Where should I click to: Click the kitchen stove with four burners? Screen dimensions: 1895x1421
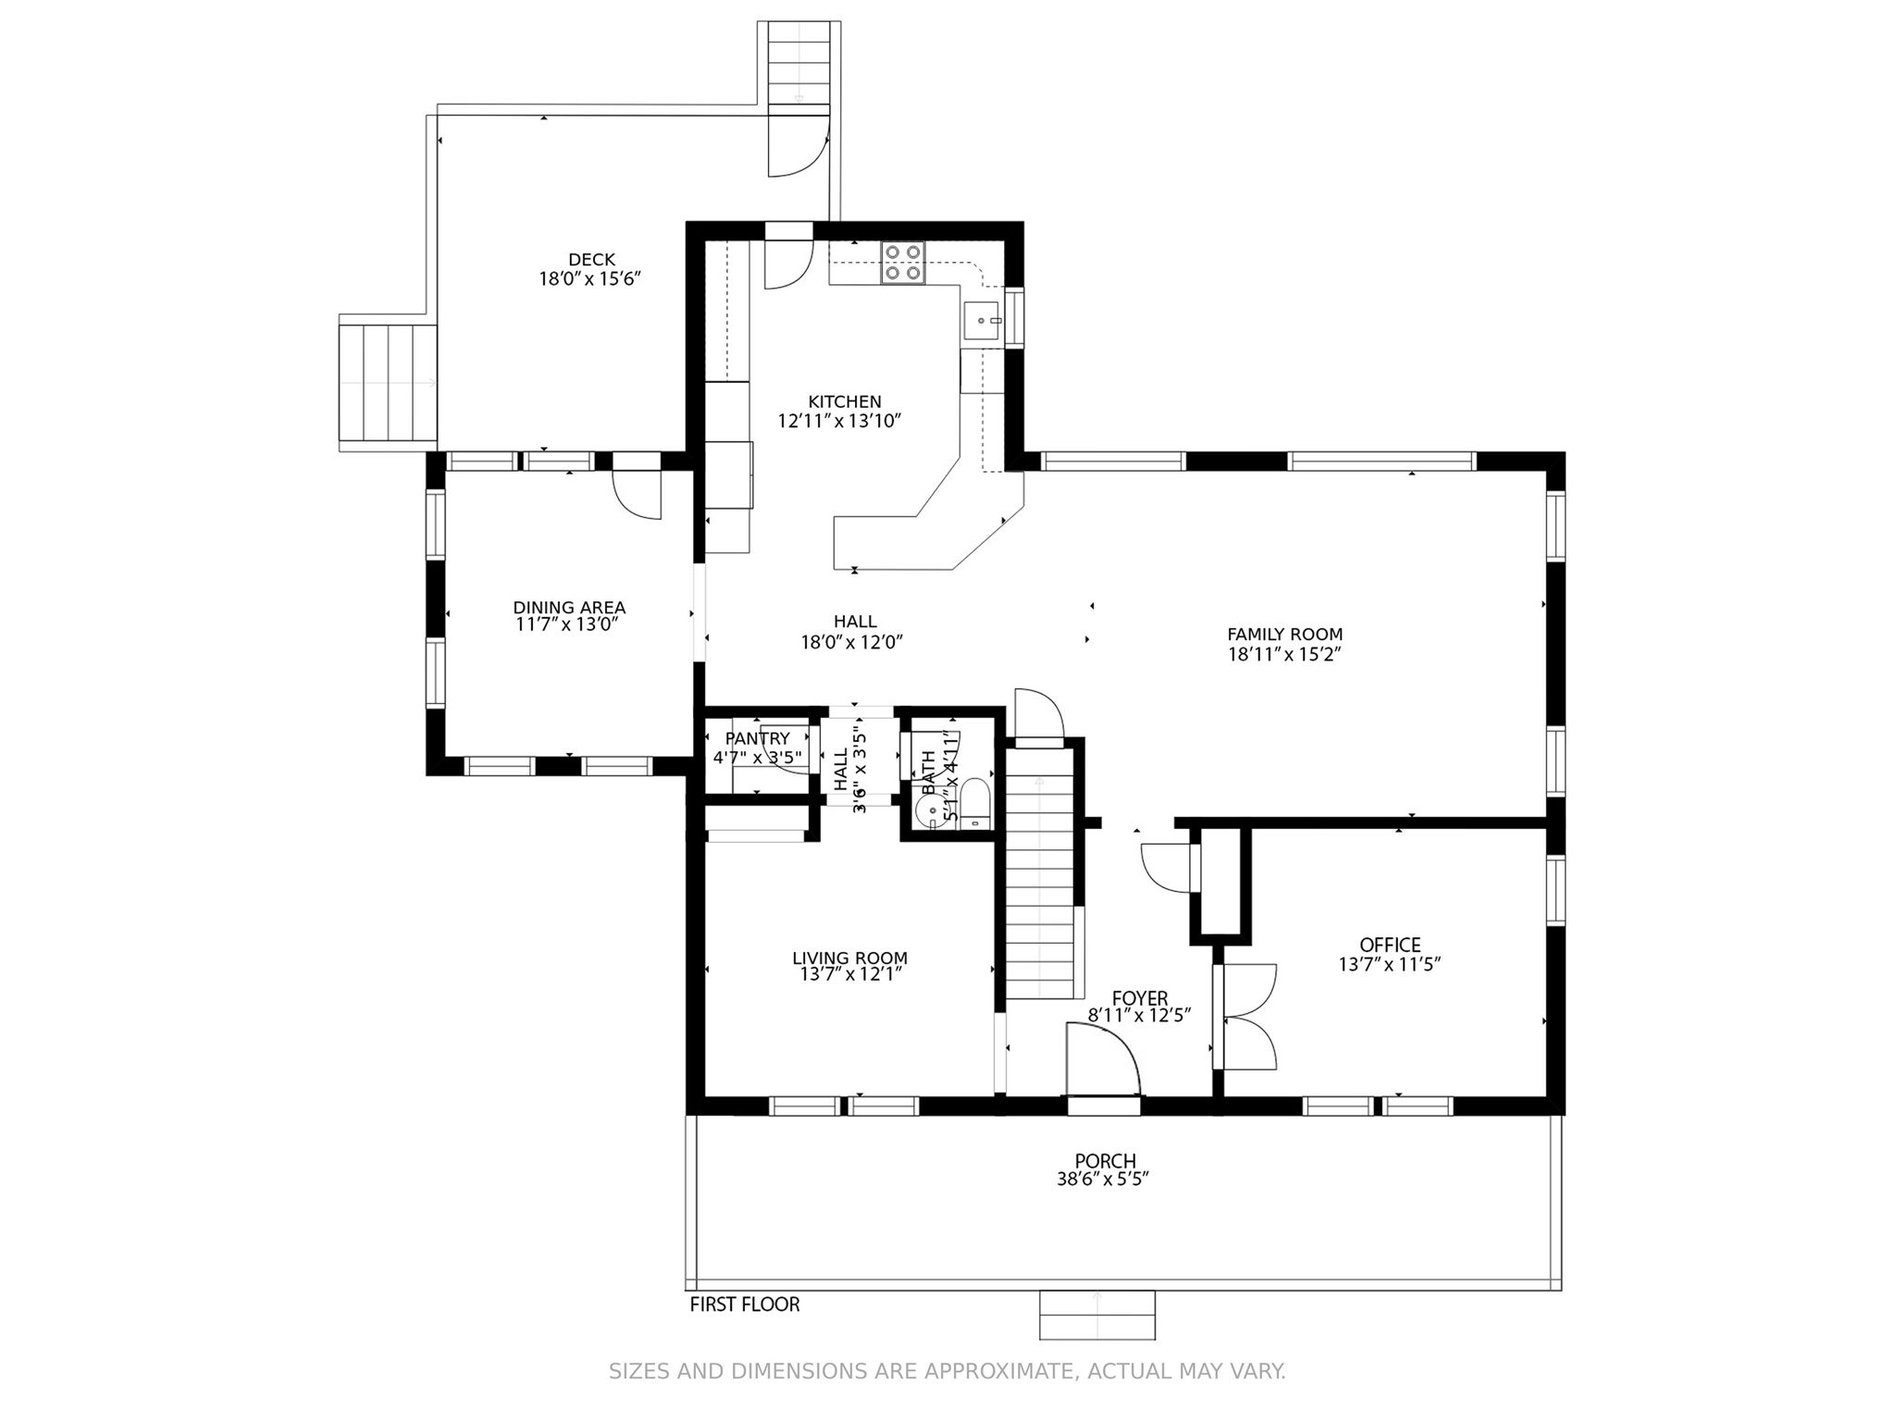pyautogui.click(x=902, y=263)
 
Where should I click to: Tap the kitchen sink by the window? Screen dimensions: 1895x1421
pyautogui.click(x=981, y=321)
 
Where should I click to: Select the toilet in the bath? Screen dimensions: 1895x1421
pyautogui.click(x=973, y=803)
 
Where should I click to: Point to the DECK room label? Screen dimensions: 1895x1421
pyautogui.click(x=591, y=260)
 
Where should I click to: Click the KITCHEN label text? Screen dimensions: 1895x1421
pyautogui.click(x=845, y=402)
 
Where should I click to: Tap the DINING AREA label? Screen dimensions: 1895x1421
pyautogui.click(x=569, y=608)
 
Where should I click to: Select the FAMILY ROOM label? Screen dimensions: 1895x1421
pyautogui.click(x=1284, y=635)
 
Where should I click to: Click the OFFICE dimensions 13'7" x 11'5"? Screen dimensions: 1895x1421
pyautogui.click(x=1390, y=964)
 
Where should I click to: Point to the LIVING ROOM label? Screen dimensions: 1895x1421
pyautogui.click(x=849, y=958)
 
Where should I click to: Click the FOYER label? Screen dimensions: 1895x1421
pyautogui.click(x=1140, y=998)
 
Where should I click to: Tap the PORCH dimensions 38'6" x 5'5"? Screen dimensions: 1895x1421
pyautogui.click(x=1103, y=1180)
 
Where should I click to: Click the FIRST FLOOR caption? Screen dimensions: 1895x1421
pyautogui.click(x=745, y=1304)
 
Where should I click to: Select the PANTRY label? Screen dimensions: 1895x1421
pyautogui.click(x=758, y=738)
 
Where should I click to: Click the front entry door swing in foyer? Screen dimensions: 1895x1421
pyautogui.click(x=1103, y=1060)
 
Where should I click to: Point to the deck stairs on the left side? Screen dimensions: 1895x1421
pyautogui.click(x=388, y=383)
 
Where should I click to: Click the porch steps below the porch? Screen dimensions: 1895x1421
pyautogui.click(x=1097, y=1315)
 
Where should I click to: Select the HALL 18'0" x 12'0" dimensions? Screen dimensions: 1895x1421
pyautogui.click(x=851, y=642)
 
